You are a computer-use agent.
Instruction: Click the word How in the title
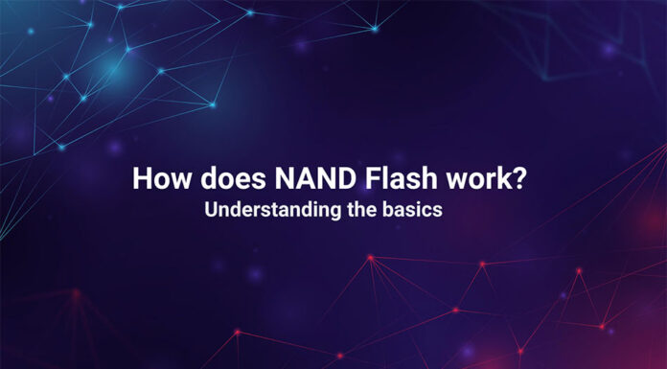click(x=157, y=179)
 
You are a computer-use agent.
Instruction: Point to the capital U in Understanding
click(x=210, y=211)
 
